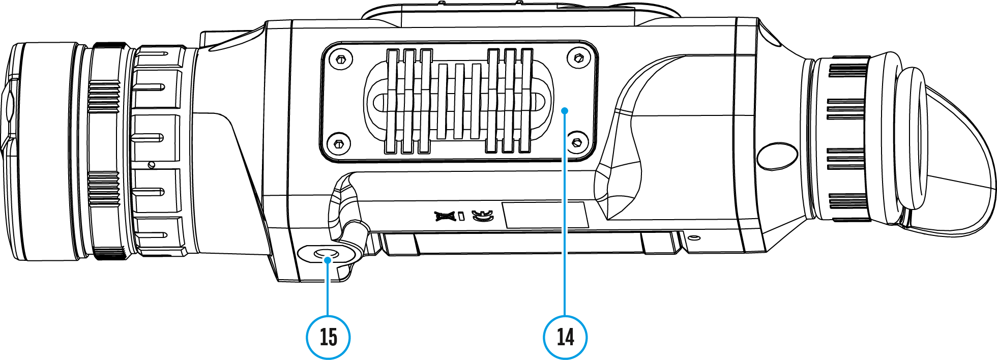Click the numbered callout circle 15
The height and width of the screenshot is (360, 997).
pyautogui.click(x=328, y=337)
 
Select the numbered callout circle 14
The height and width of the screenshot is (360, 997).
pyautogui.click(x=565, y=337)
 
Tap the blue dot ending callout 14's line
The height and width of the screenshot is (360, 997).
pyautogui.click(x=565, y=110)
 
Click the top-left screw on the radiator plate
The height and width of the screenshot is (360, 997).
pyautogui.click(x=341, y=59)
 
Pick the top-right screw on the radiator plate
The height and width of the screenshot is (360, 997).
pyautogui.click(x=578, y=58)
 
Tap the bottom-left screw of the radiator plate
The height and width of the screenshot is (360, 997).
pyautogui.click(x=338, y=143)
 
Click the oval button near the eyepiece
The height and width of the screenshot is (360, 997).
pyautogui.click(x=777, y=156)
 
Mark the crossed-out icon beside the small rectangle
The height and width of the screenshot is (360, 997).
pyautogui.click(x=445, y=216)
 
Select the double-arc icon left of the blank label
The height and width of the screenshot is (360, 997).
pyautogui.click(x=482, y=216)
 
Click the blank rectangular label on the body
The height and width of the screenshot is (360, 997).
pyautogui.click(x=545, y=215)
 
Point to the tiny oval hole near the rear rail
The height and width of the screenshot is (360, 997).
pyautogui.click(x=694, y=237)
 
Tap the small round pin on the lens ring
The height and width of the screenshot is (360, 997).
pyautogui.click(x=151, y=165)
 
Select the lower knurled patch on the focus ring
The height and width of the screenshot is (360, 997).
pyautogui.click(x=104, y=189)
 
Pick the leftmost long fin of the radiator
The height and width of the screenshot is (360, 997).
pyautogui.click(x=392, y=101)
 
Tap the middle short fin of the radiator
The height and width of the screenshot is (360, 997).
pyautogui.click(x=459, y=101)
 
